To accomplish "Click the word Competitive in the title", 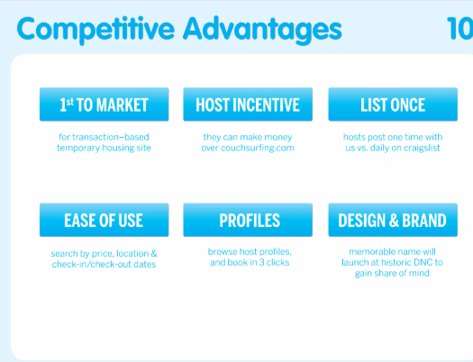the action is coord(96,30).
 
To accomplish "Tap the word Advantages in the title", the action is coord(262,30).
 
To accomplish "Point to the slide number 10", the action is coord(459,28).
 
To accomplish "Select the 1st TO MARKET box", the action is coord(105,104).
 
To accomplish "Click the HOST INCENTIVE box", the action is coord(248,104).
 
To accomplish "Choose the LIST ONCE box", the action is coord(393,104).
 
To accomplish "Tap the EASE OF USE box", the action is coord(105,220).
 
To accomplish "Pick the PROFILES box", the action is coord(248,220).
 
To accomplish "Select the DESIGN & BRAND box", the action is coord(393,220).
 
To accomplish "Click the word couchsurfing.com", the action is coord(258,149).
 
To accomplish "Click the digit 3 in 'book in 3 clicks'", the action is coord(261,262).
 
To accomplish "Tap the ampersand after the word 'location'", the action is coord(154,254).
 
